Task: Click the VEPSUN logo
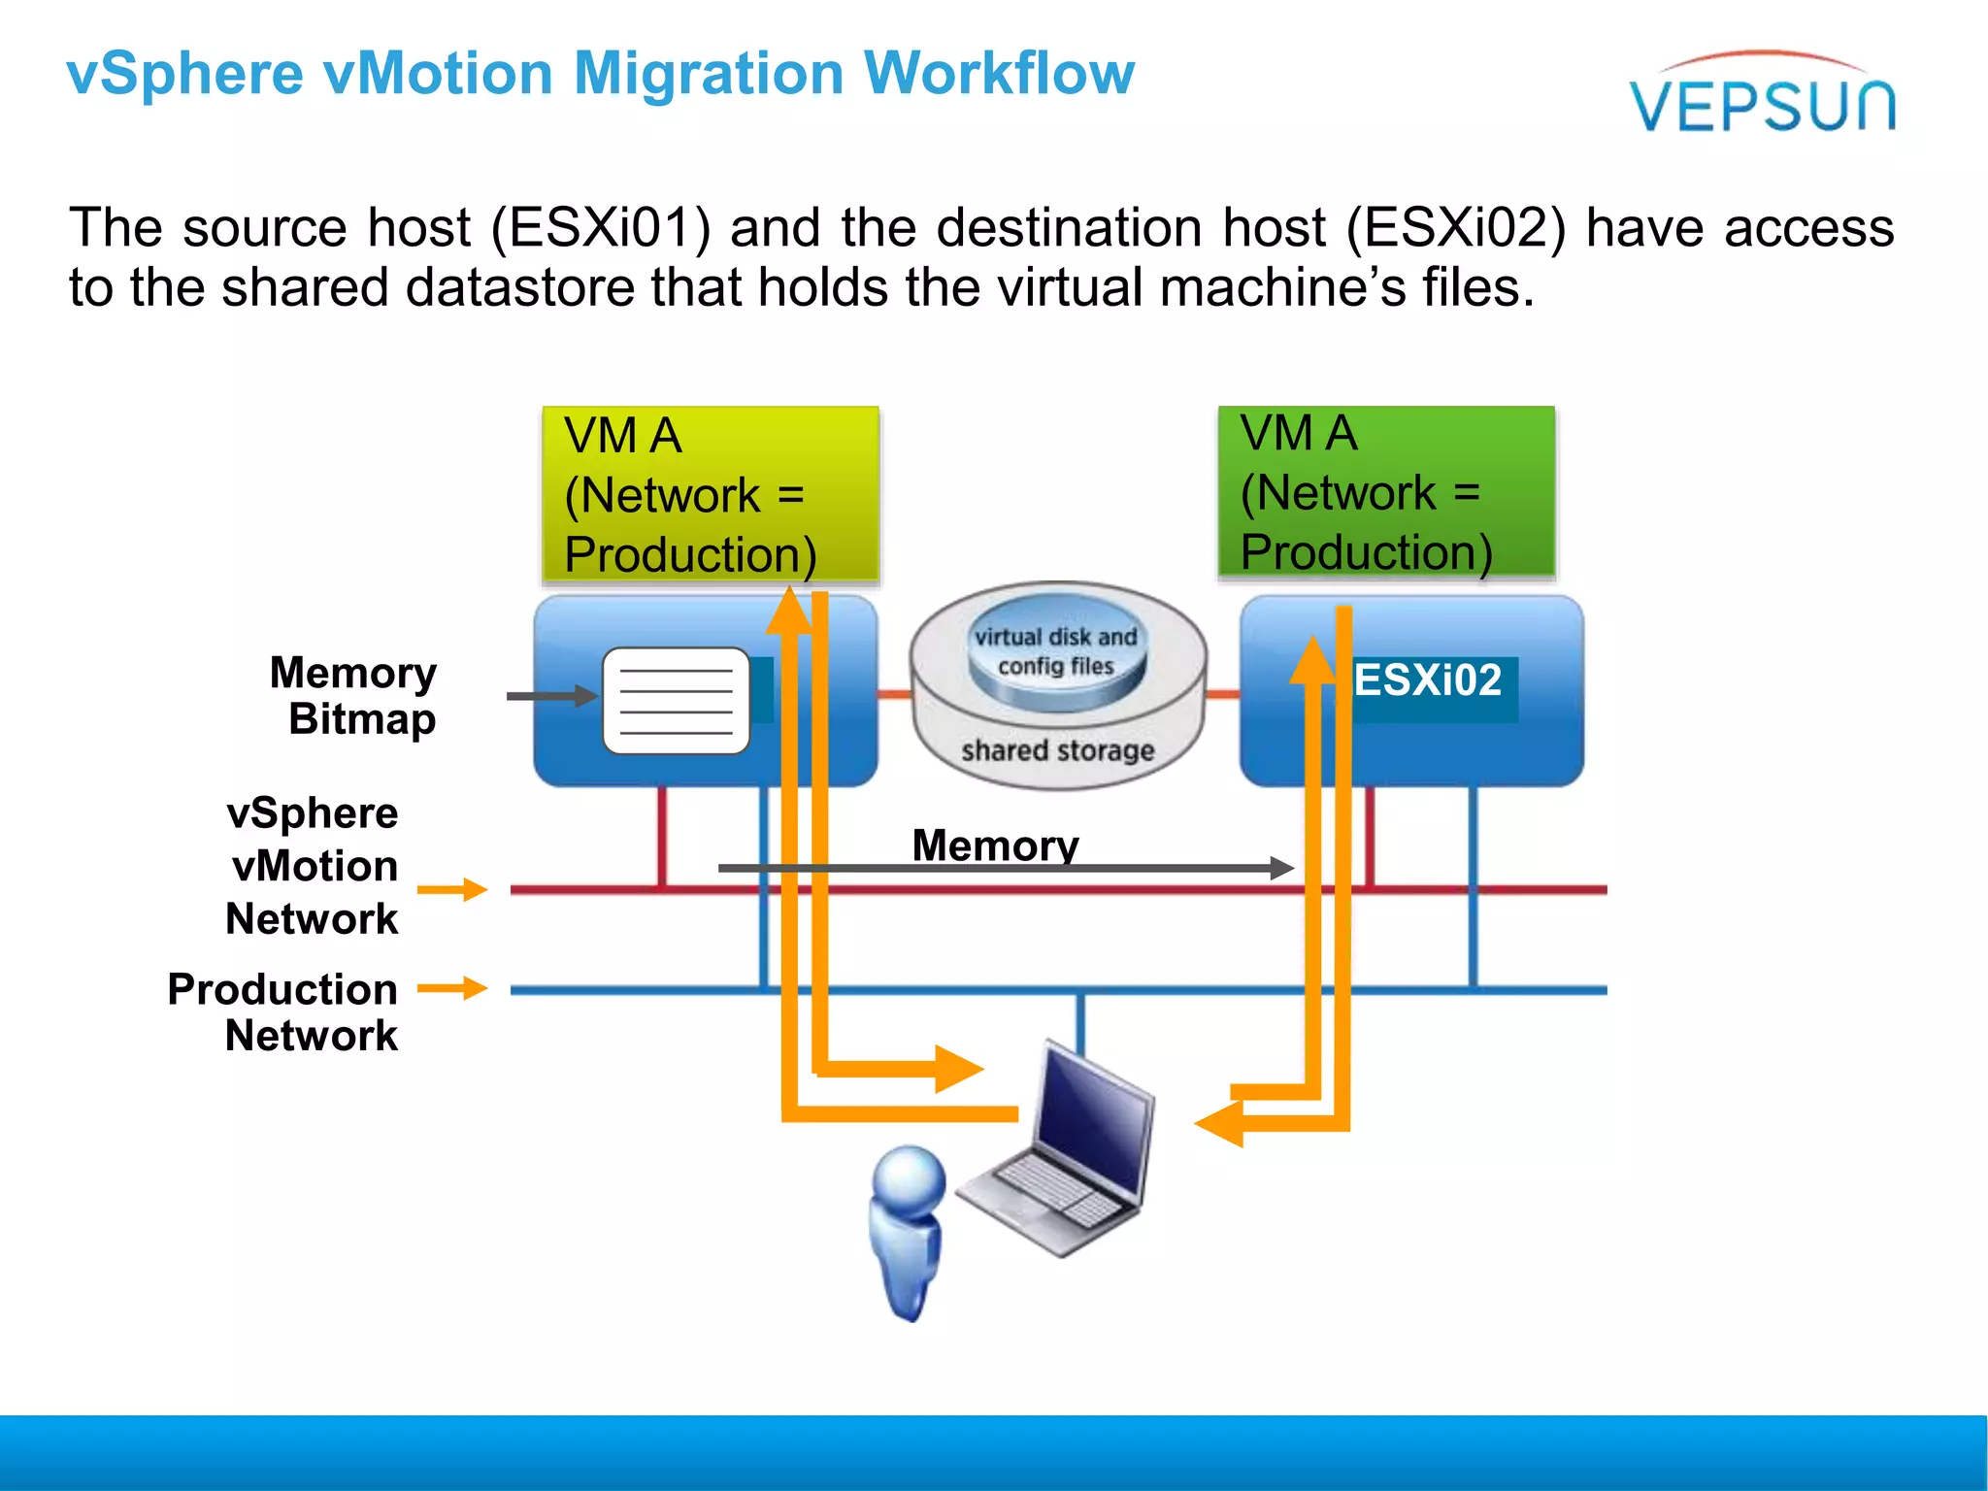1762,97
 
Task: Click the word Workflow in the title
999,74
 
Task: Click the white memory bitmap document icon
676,701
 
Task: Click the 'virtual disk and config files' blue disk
1056,652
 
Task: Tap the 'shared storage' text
1057,750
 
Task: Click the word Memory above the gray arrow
995,845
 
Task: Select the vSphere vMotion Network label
313,866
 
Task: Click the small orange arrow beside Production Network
452,988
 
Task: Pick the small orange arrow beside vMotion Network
452,889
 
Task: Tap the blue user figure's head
910,1177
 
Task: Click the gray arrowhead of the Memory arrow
1281,868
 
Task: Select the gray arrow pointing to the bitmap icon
549,696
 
